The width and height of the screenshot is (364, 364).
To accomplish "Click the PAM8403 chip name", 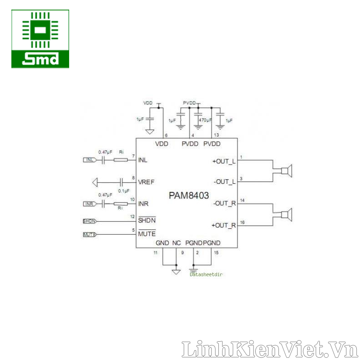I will tap(189, 196).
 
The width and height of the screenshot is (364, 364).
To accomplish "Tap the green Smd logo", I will tap(40, 39).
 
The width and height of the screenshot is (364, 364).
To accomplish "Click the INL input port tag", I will tap(90, 160).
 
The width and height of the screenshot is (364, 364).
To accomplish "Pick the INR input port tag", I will tap(90, 203).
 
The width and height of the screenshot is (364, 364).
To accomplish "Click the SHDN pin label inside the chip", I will tap(147, 220).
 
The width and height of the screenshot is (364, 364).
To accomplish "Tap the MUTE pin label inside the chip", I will tap(147, 234).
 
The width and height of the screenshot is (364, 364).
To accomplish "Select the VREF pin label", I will tap(146, 182).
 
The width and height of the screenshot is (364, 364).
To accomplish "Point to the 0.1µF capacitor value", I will tap(124, 191).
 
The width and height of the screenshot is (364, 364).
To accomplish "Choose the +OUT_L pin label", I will tap(224, 161).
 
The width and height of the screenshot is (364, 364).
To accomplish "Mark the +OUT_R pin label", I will tap(224, 225).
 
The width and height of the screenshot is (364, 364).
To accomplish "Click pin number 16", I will tap(242, 222).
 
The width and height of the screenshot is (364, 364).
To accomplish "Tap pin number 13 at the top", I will tap(216, 136).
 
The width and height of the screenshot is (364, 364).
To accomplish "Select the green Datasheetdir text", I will tap(206, 274).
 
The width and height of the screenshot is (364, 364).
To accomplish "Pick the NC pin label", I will tap(177, 243).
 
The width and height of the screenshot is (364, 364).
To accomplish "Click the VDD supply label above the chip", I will tap(148, 103).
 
